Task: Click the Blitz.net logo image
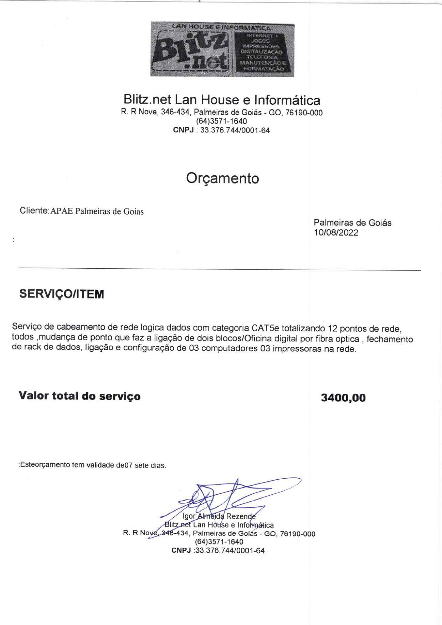(222, 49)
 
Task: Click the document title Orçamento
(222, 178)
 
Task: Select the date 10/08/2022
(336, 233)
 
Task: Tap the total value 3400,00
(343, 398)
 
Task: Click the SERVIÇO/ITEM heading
(62, 294)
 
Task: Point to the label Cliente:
(34, 211)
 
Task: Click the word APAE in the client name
(62, 211)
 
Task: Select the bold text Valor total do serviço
(79, 396)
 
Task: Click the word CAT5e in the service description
(265, 328)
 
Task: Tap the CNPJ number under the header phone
(235, 130)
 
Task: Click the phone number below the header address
(221, 121)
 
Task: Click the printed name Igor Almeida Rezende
(219, 516)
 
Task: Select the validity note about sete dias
(93, 465)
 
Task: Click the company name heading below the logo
(222, 99)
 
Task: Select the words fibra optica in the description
(337, 339)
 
